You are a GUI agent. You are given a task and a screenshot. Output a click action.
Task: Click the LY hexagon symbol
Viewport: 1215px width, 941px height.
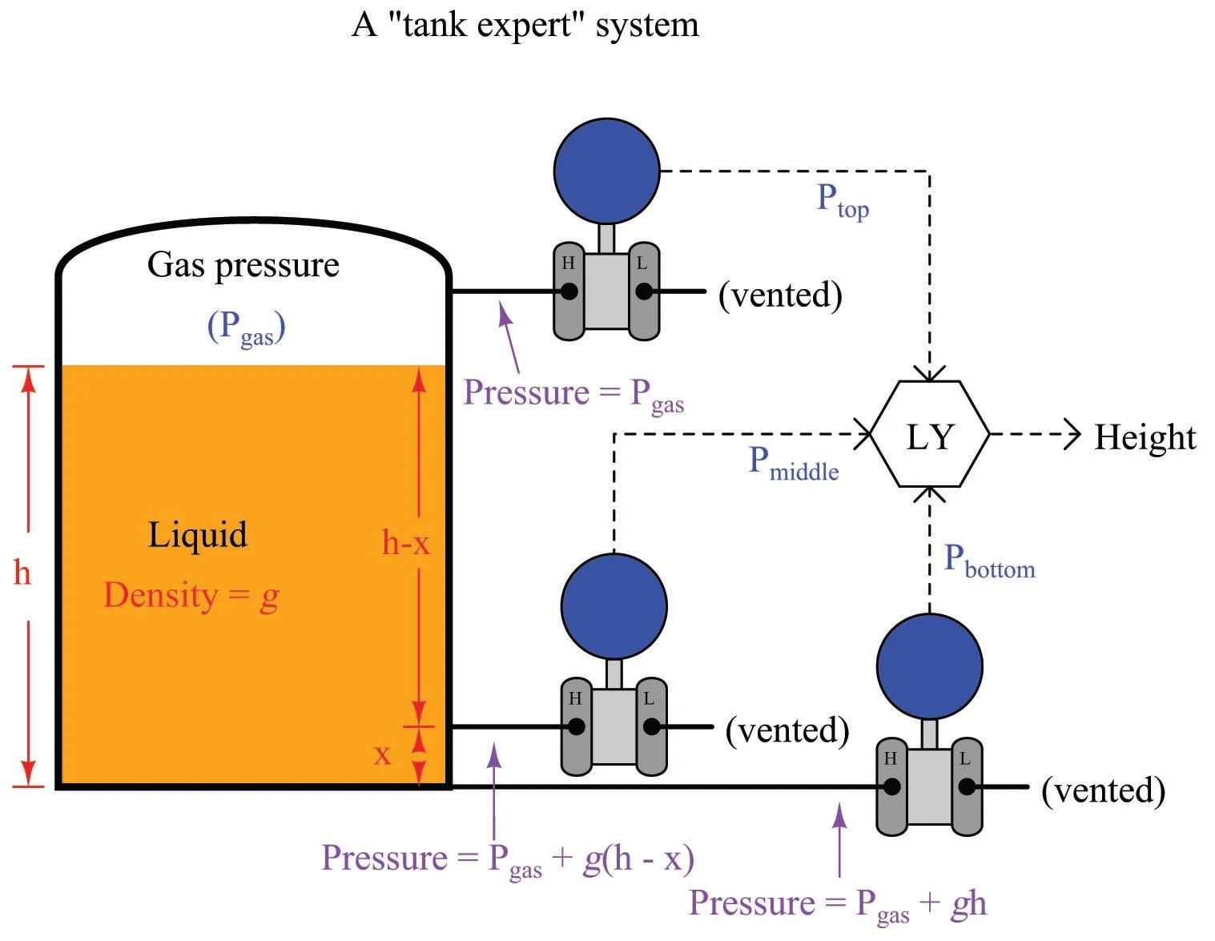929,435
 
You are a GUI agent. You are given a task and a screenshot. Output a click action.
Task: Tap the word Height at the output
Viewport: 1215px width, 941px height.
1144,437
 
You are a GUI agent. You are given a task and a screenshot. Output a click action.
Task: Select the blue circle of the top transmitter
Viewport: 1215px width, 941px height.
606,171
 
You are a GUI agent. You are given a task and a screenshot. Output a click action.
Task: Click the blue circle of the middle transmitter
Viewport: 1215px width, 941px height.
614,605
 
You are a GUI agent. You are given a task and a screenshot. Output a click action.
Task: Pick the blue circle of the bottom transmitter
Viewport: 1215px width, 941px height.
929,666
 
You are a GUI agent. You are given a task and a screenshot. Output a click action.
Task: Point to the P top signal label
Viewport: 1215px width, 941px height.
842,199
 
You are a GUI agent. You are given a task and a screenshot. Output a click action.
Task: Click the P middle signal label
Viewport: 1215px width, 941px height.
793,464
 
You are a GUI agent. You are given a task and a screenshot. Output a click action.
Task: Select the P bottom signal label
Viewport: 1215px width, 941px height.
988,561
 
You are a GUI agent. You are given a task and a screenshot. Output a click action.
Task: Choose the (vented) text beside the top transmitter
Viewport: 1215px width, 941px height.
780,295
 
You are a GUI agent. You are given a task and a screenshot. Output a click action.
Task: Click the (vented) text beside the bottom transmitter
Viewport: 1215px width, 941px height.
1103,790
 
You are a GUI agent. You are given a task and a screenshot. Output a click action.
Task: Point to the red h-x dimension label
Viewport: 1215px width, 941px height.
405,543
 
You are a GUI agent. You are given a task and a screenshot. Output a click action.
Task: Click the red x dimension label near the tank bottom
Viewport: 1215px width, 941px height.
383,754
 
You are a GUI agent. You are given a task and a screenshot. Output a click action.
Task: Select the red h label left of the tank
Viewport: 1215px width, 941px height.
22,573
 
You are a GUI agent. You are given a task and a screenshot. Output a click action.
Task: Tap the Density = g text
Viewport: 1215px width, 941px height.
191,596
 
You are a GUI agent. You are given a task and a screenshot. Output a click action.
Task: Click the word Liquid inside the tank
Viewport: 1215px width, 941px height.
198,535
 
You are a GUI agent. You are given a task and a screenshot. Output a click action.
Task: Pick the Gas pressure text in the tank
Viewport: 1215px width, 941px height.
243,265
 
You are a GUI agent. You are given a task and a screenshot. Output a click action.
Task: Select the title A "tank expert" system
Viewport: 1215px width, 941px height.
525,25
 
